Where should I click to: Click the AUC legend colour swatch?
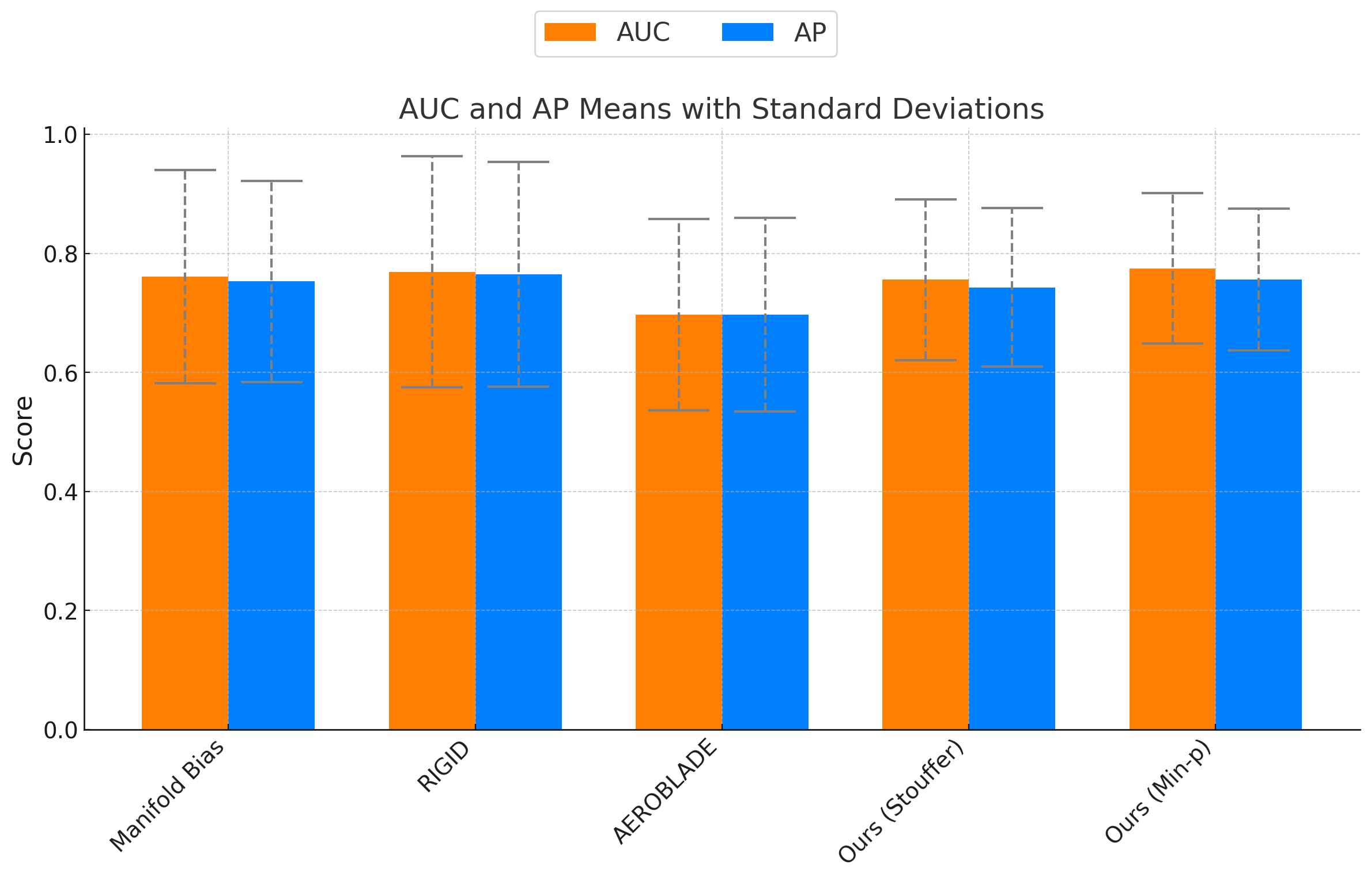[569, 32]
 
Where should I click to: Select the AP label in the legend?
[810, 33]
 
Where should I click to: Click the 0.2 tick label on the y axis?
[60, 611]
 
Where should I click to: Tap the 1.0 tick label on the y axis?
[60, 135]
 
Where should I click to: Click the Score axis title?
[23, 430]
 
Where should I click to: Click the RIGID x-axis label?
[444, 766]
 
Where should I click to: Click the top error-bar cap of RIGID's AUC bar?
[432, 156]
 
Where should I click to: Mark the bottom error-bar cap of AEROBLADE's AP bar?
[765, 411]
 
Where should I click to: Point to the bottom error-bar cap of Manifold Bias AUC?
[184, 383]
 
